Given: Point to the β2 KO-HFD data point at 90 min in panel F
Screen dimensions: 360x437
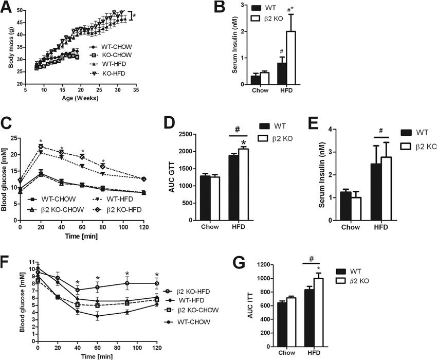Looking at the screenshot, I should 126,283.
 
